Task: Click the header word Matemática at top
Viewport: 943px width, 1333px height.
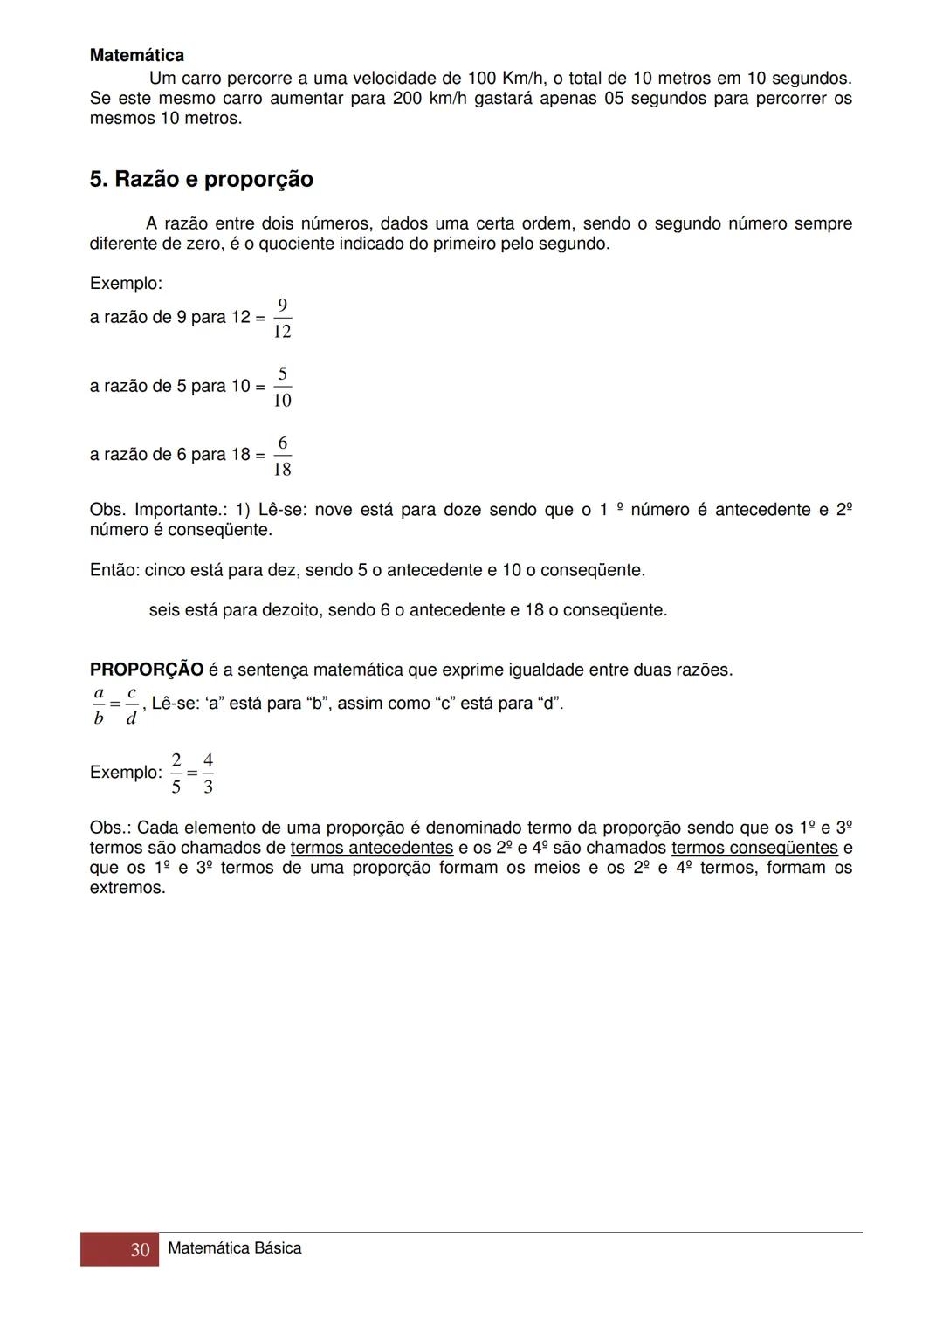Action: click(137, 56)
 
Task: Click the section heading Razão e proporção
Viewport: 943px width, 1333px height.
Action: click(202, 180)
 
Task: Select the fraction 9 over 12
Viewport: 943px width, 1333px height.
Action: click(282, 319)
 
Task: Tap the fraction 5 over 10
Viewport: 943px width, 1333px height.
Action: click(282, 388)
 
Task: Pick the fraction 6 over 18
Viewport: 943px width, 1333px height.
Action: click(282, 457)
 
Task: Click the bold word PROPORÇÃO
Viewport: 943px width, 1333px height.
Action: click(147, 670)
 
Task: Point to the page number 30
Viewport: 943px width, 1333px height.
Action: click(140, 1250)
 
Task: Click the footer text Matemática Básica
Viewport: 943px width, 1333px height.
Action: click(234, 1248)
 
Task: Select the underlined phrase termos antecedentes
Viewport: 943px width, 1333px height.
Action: click(372, 848)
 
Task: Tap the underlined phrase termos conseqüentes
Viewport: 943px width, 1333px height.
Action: click(754, 848)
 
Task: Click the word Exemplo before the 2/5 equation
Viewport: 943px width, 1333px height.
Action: click(126, 773)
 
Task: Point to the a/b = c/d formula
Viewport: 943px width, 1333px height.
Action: click(115, 705)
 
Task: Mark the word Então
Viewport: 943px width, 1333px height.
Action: click(114, 571)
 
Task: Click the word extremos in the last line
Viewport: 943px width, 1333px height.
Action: click(127, 889)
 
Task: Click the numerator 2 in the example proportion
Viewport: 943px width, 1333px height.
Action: click(176, 759)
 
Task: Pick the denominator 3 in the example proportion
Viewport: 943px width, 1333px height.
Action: click(208, 787)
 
